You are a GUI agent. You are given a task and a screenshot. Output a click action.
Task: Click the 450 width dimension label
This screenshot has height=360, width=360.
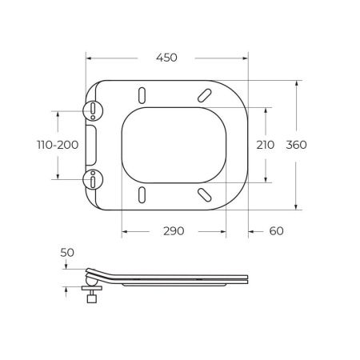[x=166, y=58]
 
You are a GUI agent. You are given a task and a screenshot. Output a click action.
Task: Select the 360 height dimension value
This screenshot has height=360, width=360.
[x=297, y=145]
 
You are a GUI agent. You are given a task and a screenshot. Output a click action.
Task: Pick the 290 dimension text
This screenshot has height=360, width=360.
[x=174, y=231]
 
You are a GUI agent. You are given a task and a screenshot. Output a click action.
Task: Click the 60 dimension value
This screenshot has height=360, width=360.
[x=275, y=231]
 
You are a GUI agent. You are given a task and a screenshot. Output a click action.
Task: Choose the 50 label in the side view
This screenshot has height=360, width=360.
[x=67, y=253]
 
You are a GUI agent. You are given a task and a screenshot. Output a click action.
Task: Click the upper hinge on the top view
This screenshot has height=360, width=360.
[x=94, y=110]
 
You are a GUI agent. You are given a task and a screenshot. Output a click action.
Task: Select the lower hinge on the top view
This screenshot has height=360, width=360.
[x=94, y=179]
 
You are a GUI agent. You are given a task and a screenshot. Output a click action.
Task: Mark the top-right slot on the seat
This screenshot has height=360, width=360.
[x=202, y=94]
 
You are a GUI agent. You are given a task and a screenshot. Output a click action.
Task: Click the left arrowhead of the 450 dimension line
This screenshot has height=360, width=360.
[x=88, y=58]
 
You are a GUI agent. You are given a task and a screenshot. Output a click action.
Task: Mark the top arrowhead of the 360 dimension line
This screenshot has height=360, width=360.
[x=297, y=82]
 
